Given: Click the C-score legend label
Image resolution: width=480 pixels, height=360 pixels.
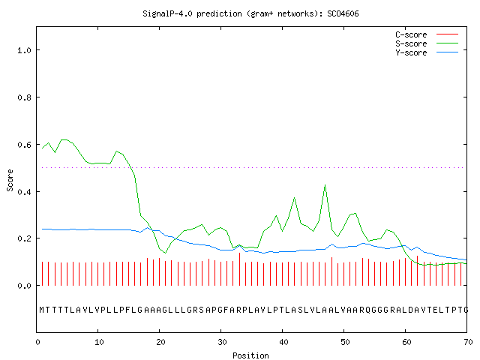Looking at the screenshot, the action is tap(411, 34).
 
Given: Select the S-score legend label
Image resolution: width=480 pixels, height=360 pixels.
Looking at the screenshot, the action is tap(411, 43).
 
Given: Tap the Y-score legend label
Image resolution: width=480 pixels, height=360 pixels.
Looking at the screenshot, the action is tap(411, 52).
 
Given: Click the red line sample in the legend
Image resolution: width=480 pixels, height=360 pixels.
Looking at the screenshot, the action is tap(447, 34).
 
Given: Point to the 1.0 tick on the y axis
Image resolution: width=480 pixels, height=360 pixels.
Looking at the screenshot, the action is tap(25, 50).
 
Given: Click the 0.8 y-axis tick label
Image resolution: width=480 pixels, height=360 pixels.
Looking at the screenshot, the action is tap(25, 97).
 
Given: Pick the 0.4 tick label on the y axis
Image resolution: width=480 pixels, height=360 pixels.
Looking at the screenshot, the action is tap(25, 192).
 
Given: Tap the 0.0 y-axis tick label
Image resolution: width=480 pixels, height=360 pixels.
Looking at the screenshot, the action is tap(25, 286).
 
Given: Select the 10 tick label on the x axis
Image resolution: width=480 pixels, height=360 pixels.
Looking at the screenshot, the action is tap(99, 342).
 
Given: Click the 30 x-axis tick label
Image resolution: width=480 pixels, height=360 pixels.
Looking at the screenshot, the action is tap(222, 342).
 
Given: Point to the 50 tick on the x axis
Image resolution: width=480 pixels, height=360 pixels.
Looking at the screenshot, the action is tap(345, 342).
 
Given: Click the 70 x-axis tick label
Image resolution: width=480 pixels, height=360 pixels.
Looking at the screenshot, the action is tap(468, 342).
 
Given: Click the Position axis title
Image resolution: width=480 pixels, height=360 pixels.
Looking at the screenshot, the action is tap(250, 355).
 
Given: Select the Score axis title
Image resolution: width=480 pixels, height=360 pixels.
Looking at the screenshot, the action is tap(10, 181).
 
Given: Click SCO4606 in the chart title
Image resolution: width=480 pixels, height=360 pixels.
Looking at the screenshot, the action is tap(343, 13).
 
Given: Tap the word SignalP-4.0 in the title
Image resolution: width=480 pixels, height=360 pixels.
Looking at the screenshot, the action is tap(167, 13).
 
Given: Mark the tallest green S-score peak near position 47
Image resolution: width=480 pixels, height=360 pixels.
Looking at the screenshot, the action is tap(325, 185).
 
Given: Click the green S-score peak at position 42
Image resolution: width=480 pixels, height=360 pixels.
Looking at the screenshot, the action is tap(294, 198).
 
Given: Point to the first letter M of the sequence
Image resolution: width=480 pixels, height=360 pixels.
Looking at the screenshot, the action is tap(42, 310).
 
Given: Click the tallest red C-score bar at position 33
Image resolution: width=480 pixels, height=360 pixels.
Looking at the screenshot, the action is tap(239, 269).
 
